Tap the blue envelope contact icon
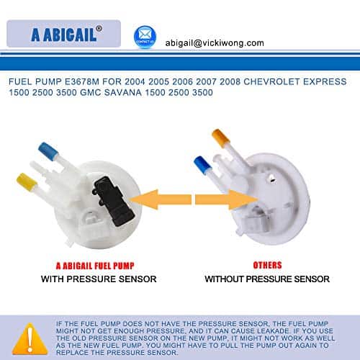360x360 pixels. click(145, 37)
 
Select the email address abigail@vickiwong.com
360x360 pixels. click(215, 43)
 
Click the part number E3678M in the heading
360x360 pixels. click(82, 81)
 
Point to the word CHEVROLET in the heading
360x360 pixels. click(271, 81)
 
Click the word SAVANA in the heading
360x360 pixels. click(123, 92)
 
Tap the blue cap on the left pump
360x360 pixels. click(48, 150)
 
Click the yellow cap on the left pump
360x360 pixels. click(27, 182)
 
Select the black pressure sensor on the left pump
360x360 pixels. click(113, 201)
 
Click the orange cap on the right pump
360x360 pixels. click(221, 138)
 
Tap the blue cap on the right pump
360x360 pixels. click(203, 165)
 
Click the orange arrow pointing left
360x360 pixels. click(161, 199)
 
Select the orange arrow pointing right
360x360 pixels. click(226, 199)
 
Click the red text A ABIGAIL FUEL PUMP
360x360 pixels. click(95, 266)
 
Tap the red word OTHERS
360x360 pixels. click(267, 265)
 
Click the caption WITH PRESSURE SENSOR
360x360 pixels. click(99, 279)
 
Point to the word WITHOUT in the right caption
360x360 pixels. click(224, 279)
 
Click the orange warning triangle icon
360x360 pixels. click(30, 339)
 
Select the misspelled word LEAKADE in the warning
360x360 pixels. click(273, 331)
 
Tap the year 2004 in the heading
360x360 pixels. click(135, 81)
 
